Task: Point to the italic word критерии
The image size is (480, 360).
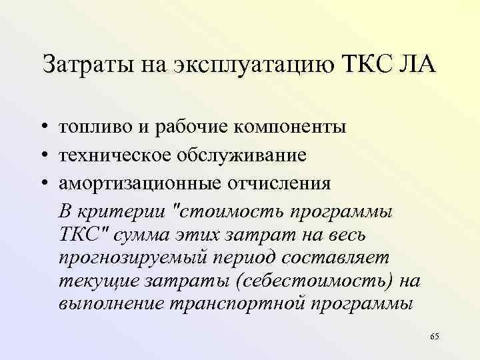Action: pyautogui.click(x=122, y=211)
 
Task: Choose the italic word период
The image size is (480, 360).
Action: pyautogui.click(x=239, y=258)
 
